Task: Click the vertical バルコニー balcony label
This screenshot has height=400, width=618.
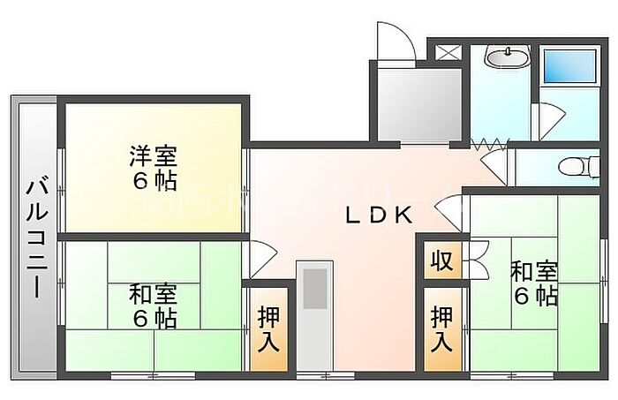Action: coord(35,238)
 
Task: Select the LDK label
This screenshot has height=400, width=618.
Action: coord(379,215)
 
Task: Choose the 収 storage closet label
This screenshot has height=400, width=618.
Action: coord(441,261)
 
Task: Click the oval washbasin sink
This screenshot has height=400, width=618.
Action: coord(507,59)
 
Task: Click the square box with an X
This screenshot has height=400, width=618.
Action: coord(449,50)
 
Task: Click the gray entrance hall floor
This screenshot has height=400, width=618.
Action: coord(418,104)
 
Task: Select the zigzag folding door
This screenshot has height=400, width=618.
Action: coord(489,142)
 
